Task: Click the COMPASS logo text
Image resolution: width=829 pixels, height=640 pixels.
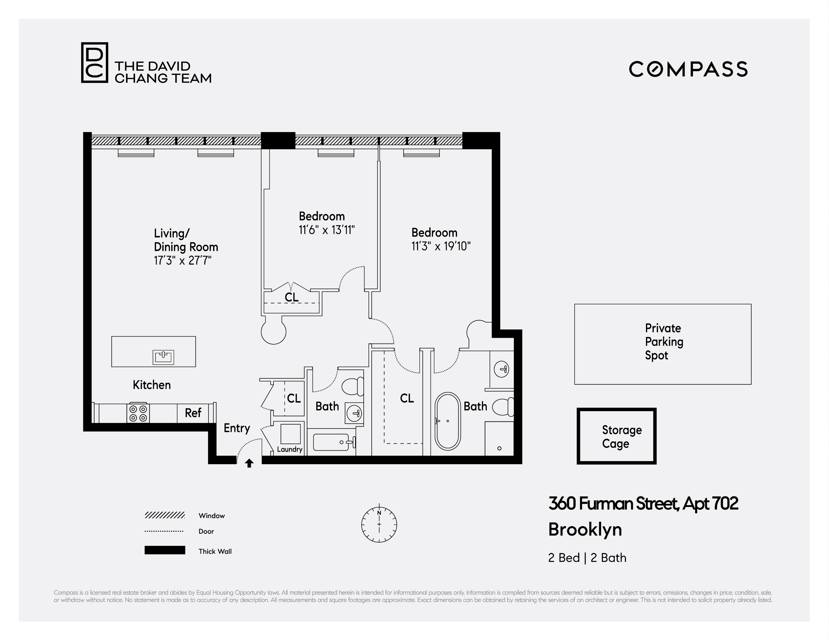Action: click(x=688, y=69)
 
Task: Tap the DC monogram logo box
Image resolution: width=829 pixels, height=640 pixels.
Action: click(x=94, y=63)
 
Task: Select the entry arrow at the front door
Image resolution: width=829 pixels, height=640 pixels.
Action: click(x=249, y=463)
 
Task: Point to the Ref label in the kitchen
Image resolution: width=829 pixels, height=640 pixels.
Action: click(x=193, y=413)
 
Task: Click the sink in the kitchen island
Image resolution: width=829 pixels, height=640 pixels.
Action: click(x=163, y=357)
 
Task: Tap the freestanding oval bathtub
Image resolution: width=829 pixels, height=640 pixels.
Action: click(x=448, y=421)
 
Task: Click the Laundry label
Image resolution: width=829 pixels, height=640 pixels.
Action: click(x=290, y=449)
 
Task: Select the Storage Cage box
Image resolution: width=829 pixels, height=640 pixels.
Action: click(x=616, y=436)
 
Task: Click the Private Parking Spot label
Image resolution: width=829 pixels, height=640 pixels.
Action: click(x=663, y=341)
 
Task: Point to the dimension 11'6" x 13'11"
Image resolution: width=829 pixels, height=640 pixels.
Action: click(x=326, y=230)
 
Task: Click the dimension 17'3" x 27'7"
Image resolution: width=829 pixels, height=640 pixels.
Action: click(x=182, y=260)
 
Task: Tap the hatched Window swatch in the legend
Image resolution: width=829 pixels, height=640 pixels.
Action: click(x=164, y=516)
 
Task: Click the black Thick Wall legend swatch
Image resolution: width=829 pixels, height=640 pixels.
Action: click(x=165, y=550)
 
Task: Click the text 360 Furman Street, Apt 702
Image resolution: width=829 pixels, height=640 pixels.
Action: click(x=643, y=504)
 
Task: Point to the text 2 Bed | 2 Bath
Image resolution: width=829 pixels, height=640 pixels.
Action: click(x=587, y=558)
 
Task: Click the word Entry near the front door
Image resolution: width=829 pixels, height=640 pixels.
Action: click(x=237, y=428)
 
